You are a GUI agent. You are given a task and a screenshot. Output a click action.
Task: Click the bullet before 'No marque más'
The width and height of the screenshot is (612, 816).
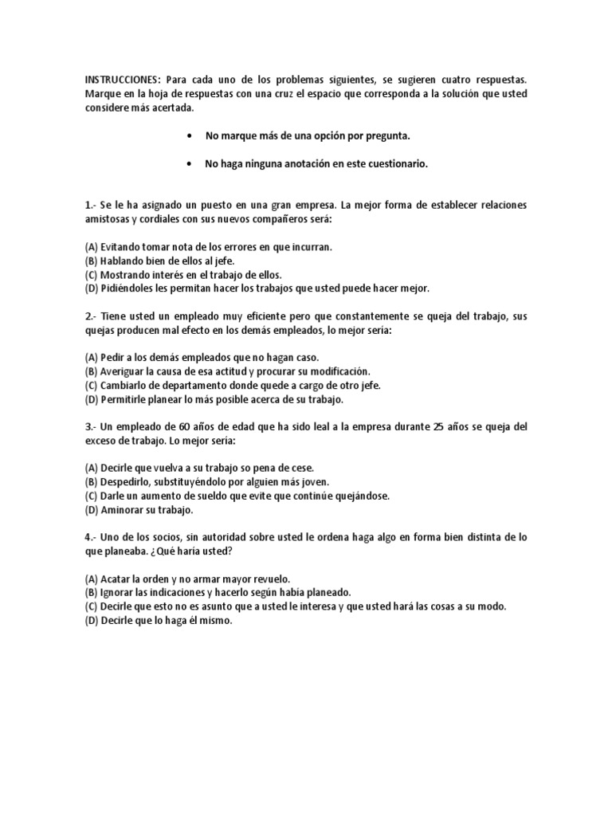tap(188, 136)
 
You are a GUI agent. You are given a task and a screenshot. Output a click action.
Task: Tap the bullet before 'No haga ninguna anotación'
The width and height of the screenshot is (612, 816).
tap(188, 164)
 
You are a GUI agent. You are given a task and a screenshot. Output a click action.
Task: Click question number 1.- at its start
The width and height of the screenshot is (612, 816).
tap(90, 206)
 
